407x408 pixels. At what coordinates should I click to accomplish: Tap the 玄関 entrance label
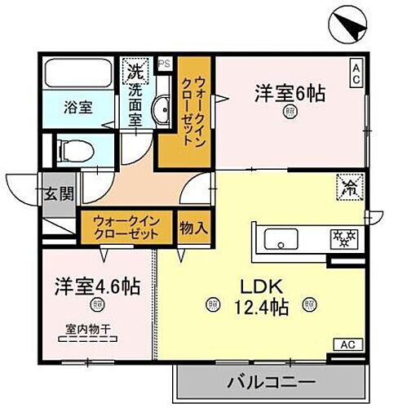click(x=59, y=193)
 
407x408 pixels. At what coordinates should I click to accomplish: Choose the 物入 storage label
click(x=193, y=225)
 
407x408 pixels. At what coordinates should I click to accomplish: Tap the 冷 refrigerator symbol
click(x=347, y=188)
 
